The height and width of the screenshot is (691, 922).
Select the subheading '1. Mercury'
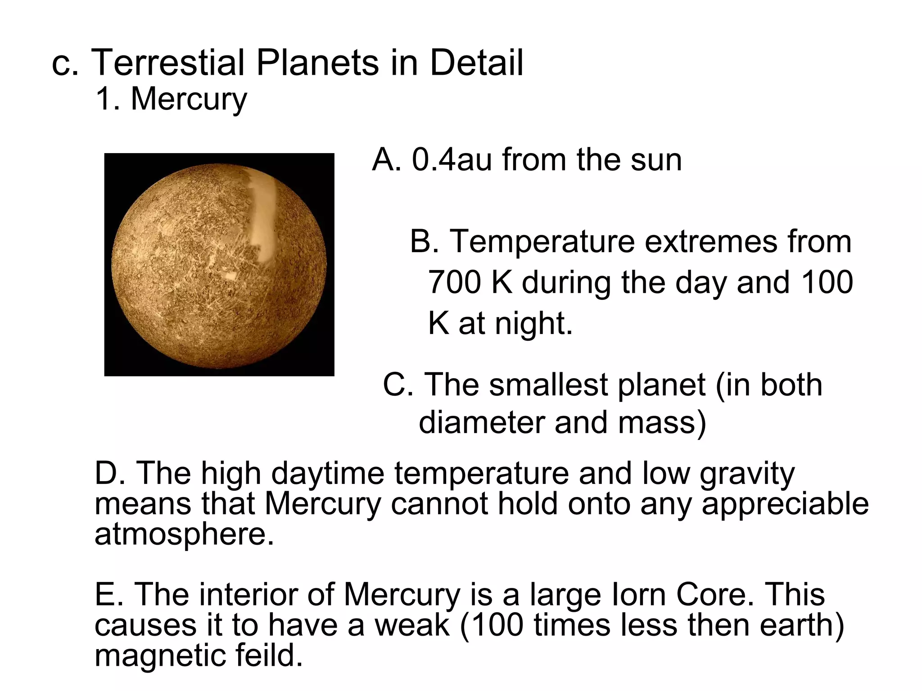click(x=171, y=99)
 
